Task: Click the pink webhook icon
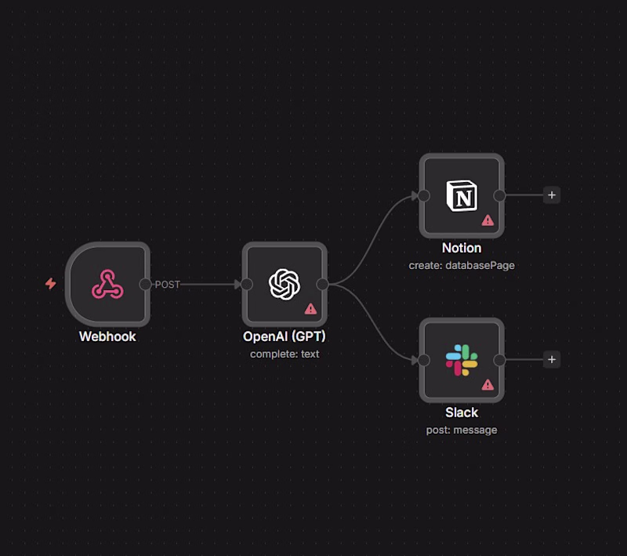107,284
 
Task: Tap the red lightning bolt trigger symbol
51,284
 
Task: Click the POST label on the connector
167,285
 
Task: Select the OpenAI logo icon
285,284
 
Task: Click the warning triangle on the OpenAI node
310,309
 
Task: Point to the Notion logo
462,195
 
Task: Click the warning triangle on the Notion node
487,220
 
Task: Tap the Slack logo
462,360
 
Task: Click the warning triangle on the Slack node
487,385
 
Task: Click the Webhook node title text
107,336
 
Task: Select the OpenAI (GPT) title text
285,336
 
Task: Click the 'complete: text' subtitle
285,354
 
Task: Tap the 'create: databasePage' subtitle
462,265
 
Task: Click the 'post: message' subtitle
462,430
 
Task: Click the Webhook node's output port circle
145,284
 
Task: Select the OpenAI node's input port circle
247,284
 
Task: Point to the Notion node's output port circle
499,195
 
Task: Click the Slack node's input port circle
424,360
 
